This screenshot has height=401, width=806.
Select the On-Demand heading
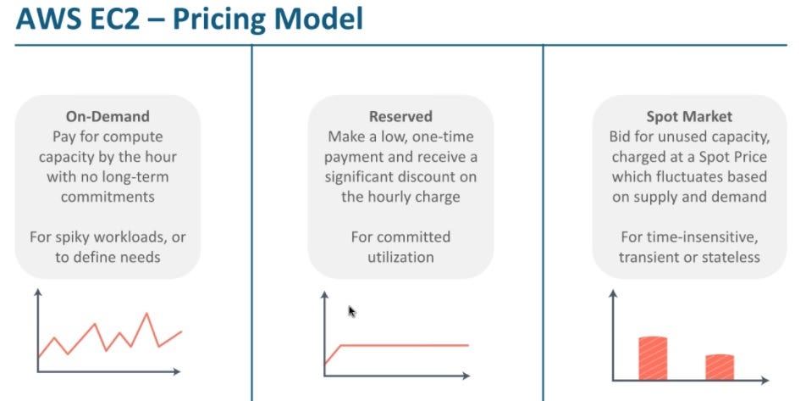pos(108,117)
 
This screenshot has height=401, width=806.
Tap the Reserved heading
pos(400,117)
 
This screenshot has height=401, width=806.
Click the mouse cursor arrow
pos(352,311)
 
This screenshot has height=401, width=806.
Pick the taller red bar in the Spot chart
pos(652,358)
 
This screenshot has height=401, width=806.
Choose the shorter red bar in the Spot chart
pos(720,366)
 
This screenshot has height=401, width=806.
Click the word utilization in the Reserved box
pos(400,256)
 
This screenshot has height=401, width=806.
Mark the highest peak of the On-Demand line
pos(147,314)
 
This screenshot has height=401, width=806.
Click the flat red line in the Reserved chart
pos(406,345)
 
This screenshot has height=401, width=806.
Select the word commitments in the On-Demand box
pos(108,196)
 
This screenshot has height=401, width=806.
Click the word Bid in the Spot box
pos(621,136)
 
